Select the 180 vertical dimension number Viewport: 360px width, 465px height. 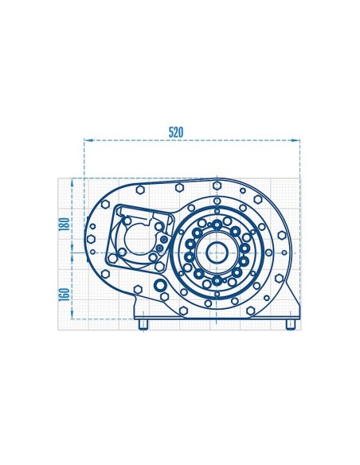[64, 225]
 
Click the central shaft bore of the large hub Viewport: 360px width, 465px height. [216, 252]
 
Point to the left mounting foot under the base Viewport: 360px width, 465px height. [143, 325]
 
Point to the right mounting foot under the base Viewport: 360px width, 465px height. [290, 325]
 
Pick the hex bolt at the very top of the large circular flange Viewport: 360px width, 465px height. [216, 182]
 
